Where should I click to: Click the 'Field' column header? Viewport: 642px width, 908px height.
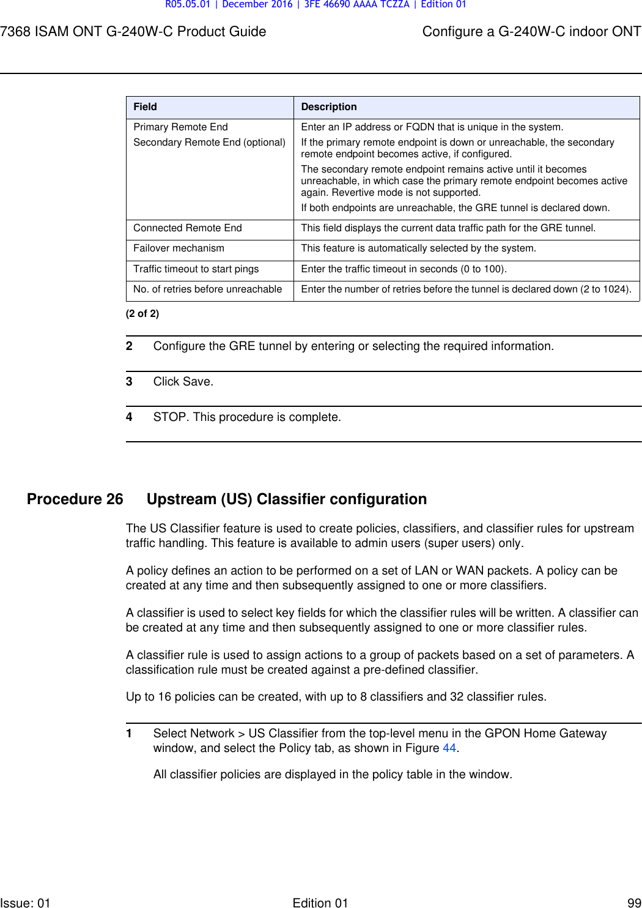point(146,107)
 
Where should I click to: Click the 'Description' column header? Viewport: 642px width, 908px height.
point(328,107)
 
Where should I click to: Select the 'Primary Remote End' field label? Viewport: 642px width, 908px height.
point(180,127)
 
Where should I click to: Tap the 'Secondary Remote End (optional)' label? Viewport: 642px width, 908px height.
point(209,143)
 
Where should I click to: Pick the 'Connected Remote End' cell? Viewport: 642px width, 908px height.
point(188,228)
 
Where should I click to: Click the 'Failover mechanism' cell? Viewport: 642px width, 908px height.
point(179,248)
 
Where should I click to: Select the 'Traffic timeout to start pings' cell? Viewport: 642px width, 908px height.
point(196,269)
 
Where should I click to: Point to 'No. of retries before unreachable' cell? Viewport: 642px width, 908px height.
point(207,289)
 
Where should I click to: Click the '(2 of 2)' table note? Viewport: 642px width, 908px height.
point(142,314)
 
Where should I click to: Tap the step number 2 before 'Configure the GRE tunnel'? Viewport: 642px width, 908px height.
point(129,346)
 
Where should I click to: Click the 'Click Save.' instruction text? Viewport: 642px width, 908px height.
point(183,382)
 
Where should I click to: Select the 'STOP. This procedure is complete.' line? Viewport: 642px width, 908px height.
point(247,417)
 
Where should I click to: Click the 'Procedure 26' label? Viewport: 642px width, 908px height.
point(75,499)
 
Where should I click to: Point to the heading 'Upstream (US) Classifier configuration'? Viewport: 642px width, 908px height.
point(286,499)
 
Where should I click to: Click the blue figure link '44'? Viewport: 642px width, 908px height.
point(449,748)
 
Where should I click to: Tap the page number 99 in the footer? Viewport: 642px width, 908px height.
point(634,902)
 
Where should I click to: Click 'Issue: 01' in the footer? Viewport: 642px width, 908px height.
point(25,902)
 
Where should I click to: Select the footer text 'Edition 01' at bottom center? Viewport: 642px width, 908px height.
point(320,902)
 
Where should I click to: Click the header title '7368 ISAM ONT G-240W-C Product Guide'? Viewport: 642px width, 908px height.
point(133,32)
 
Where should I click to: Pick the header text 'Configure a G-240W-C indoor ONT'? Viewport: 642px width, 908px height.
point(531,32)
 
